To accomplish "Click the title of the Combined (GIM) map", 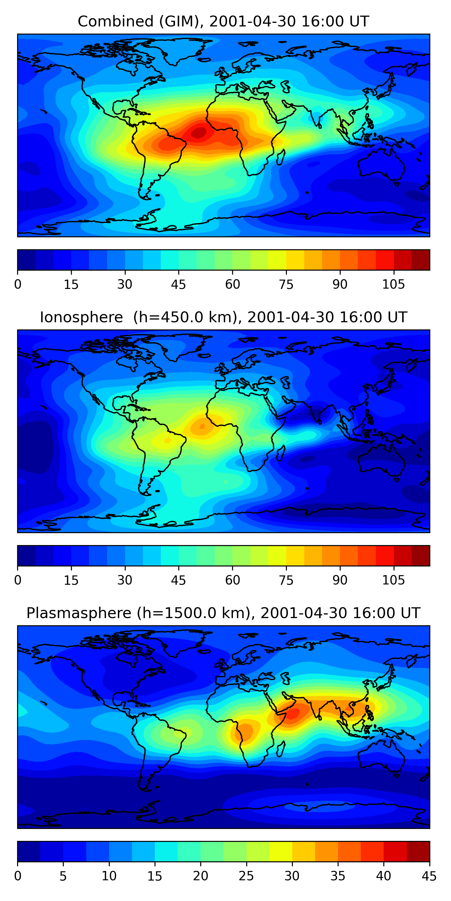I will (223, 22).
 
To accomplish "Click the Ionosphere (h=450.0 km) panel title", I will (223, 317).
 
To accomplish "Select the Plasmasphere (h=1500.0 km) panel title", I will (223, 613).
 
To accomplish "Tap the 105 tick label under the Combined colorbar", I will (393, 284).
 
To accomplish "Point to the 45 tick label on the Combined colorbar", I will (178, 284).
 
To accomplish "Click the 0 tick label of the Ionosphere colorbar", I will (18, 580).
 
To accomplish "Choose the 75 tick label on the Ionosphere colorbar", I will (286, 580).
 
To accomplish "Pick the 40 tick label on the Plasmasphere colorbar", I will (383, 876).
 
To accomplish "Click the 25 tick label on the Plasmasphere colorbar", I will (246, 876).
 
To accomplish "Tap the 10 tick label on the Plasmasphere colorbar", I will (109, 876).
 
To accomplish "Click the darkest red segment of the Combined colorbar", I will (421, 260).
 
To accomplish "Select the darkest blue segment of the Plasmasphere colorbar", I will (29, 851).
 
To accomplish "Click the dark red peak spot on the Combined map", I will (198, 133).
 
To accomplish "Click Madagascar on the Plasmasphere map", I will (281, 749).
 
